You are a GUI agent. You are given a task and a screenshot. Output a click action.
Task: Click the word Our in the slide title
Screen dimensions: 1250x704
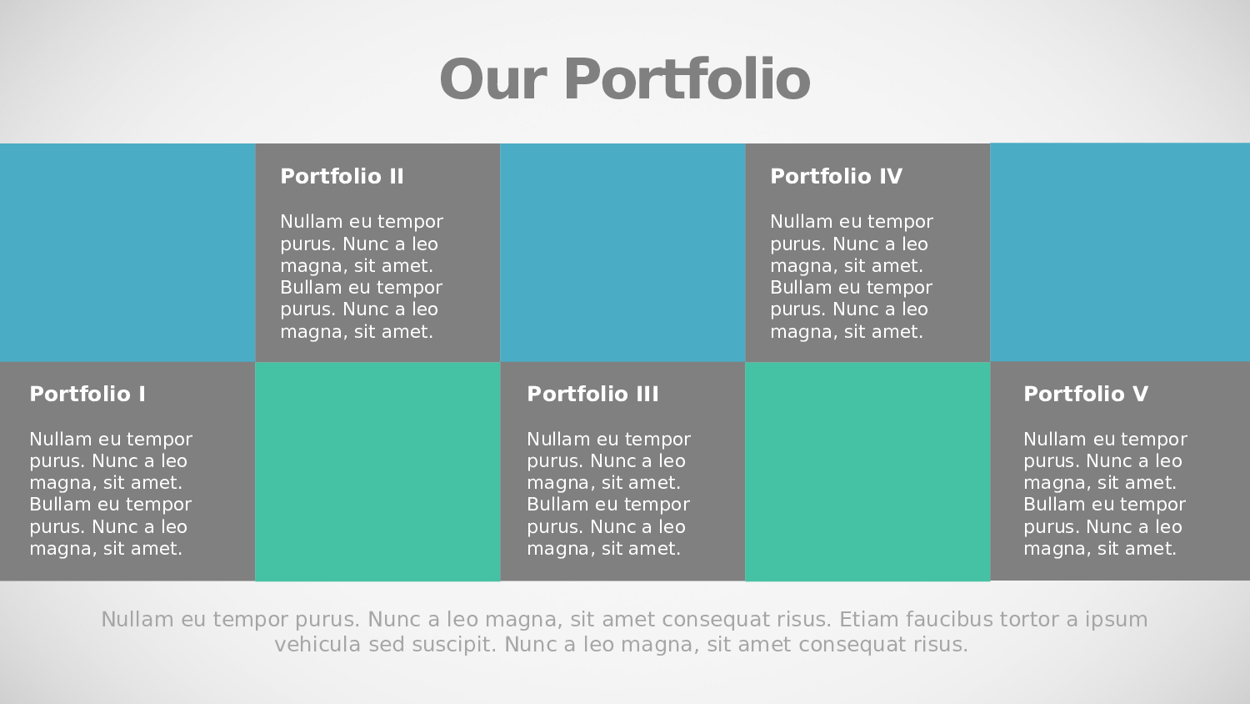point(492,79)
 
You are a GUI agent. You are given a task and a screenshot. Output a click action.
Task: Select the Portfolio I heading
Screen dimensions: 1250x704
point(87,394)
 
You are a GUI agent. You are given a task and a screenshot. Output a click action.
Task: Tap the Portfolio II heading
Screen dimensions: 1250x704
point(342,177)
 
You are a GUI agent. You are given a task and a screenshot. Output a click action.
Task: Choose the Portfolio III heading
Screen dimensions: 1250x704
point(592,394)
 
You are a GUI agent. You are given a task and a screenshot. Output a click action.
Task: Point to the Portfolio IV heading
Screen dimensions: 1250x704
point(836,177)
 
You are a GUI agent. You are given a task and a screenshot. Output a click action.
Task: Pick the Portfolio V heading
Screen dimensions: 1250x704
point(1085,394)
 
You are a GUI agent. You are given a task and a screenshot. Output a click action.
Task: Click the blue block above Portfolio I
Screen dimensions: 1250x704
point(127,253)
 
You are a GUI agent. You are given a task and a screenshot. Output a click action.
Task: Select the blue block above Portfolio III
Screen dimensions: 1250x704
point(622,253)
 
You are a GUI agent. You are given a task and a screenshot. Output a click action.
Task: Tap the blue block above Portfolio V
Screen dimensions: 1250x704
point(1120,253)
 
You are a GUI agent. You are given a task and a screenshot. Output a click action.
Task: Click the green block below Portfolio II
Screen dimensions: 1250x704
point(377,471)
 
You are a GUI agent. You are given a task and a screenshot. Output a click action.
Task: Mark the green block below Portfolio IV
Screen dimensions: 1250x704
point(867,471)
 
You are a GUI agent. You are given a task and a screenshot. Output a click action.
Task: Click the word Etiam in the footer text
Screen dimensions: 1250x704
point(868,619)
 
